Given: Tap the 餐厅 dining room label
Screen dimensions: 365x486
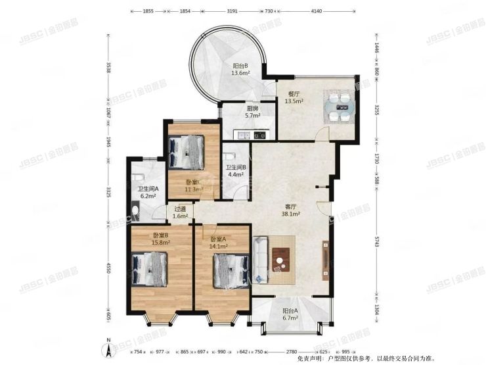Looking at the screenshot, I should [292, 97].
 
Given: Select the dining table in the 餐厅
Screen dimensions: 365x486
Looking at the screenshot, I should [340, 108].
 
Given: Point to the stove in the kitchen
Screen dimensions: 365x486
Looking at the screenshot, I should [259, 135].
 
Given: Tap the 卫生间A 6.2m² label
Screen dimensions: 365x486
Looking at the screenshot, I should [146, 192].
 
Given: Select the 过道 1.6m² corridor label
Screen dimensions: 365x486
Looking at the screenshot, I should [179, 212].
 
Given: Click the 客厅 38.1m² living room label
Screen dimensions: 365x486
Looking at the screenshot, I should [291, 210].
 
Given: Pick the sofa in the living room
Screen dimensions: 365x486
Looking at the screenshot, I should [260, 260].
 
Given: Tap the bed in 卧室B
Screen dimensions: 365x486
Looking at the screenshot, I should [151, 268].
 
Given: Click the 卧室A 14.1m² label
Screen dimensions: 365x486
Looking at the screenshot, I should [219, 243].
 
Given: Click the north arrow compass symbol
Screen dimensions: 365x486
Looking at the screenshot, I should [105, 347].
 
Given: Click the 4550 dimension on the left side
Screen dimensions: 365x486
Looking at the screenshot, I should [109, 269].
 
